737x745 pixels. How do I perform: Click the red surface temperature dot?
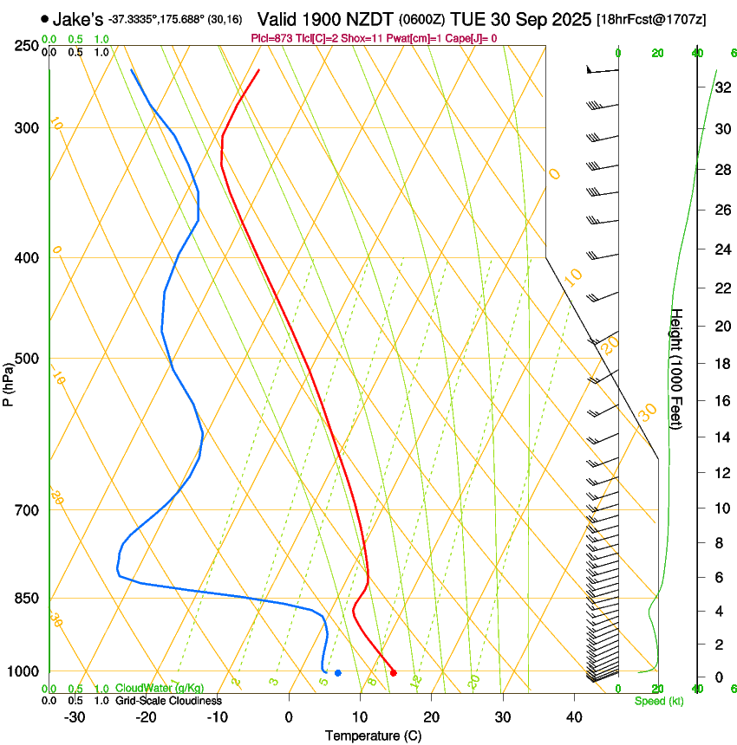click(x=394, y=672)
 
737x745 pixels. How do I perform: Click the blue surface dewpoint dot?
click(x=338, y=673)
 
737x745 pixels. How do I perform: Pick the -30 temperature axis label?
click(x=75, y=717)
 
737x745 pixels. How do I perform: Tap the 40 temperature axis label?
click(x=574, y=717)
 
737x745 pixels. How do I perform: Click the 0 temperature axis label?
click(x=289, y=717)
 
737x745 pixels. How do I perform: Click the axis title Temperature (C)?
click(x=373, y=735)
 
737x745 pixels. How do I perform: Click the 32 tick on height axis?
click(x=721, y=87)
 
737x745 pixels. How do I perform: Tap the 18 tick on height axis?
click(x=721, y=363)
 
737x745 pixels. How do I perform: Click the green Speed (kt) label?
click(x=659, y=701)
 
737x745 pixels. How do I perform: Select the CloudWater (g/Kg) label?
click(x=160, y=688)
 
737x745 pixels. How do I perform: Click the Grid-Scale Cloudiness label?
click(x=168, y=700)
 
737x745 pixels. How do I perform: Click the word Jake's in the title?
click(x=78, y=19)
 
